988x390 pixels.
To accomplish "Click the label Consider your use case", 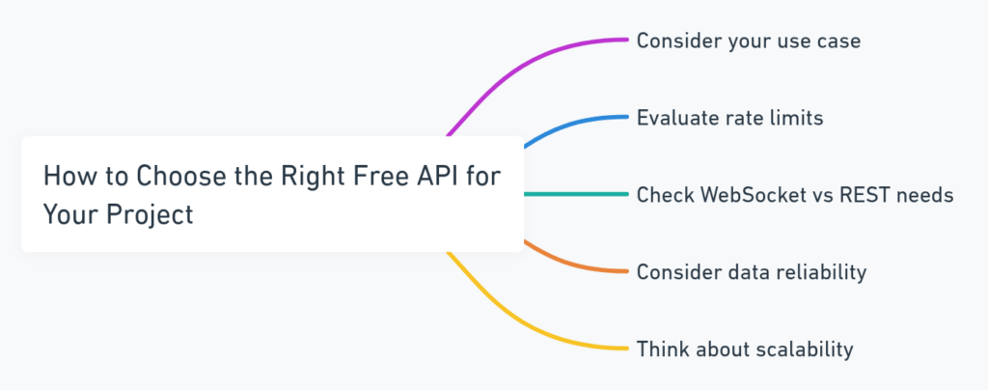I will [748, 42].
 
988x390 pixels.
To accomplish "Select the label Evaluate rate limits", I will [729, 119].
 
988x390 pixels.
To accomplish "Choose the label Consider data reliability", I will [751, 272].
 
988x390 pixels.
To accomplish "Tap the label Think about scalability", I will [744, 348].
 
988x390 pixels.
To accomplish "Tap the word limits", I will [797, 119].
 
